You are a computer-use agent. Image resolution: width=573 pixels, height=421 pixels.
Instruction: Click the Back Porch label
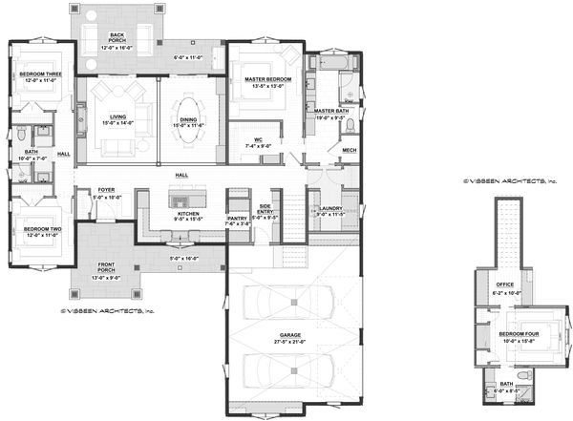pyautogui.click(x=117, y=36)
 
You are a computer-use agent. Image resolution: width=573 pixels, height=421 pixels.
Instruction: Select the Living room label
pyautogui.click(x=119, y=116)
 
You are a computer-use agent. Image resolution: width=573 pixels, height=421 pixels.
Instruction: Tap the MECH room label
pyautogui.click(x=349, y=150)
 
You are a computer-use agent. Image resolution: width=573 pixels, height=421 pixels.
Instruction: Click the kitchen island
pyautogui.click(x=180, y=199)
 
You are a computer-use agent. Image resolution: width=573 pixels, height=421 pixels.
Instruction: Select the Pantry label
pyautogui.click(x=238, y=219)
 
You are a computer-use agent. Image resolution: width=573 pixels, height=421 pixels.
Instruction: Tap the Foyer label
pyautogui.click(x=107, y=190)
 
